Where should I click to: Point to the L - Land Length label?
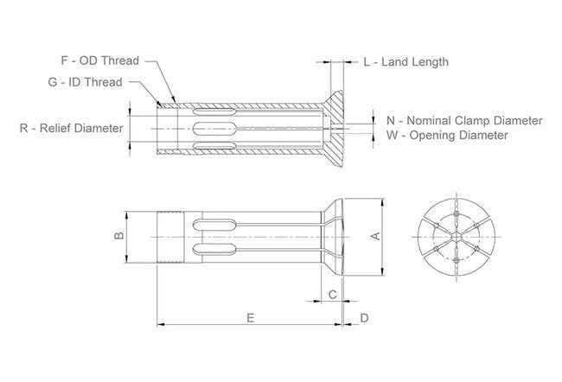pyautogui.click(x=406, y=62)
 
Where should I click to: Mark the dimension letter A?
pyautogui.click(x=374, y=234)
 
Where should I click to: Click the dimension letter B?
pyautogui.click(x=120, y=234)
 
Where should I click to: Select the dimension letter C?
pyautogui.click(x=332, y=295)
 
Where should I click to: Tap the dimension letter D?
pyautogui.click(x=364, y=318)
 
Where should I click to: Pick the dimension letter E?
pyautogui.click(x=250, y=318)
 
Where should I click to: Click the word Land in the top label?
pyautogui.click(x=389, y=62)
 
